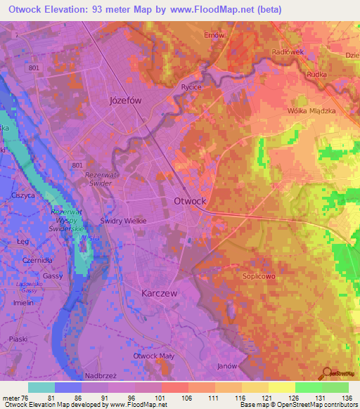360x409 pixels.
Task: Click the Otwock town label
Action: coord(190,201)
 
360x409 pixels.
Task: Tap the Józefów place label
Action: coord(126,100)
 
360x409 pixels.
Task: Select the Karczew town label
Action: coord(159,292)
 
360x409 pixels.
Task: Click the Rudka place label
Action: coord(314,73)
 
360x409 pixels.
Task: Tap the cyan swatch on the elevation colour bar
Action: coord(41,387)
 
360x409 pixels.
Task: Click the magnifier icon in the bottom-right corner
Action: coord(327,374)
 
